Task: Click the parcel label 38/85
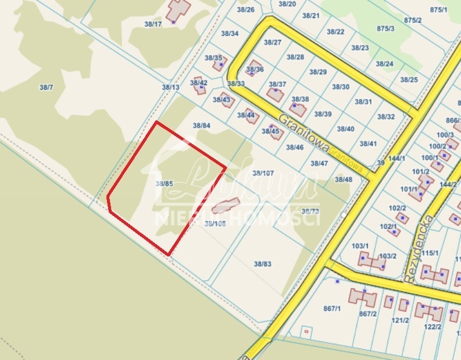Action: (x=164, y=183)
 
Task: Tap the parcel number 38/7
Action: (x=46, y=87)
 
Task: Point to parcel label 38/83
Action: (x=262, y=263)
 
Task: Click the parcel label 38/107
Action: (x=263, y=173)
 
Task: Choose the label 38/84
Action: (x=201, y=125)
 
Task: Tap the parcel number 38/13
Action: (x=171, y=87)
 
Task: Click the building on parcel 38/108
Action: (x=225, y=205)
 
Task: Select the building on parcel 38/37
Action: (x=275, y=94)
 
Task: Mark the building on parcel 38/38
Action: (x=298, y=109)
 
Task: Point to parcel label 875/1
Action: (x=439, y=10)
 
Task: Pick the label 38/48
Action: (x=343, y=179)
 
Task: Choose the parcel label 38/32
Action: (x=386, y=116)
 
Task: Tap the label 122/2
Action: (x=433, y=326)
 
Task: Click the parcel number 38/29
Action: (x=318, y=72)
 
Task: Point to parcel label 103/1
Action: (x=360, y=246)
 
